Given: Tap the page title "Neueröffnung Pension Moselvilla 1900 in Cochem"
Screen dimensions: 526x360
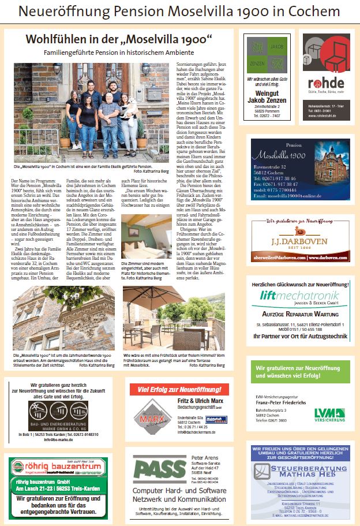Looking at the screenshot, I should tap(179, 12).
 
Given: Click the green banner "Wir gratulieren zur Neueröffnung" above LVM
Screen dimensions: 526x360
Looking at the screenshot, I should tap(299, 372).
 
